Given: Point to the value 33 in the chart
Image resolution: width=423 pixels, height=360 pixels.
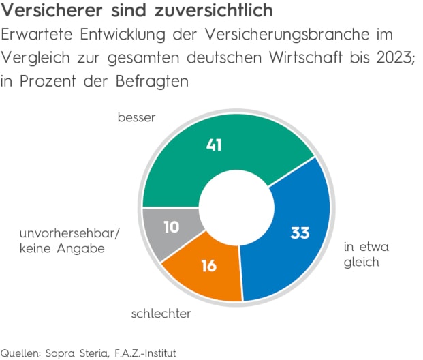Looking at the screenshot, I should (x=300, y=232).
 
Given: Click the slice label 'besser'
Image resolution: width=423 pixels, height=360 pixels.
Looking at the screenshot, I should (x=136, y=118).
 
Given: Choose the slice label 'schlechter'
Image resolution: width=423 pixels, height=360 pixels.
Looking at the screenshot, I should (x=161, y=314).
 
